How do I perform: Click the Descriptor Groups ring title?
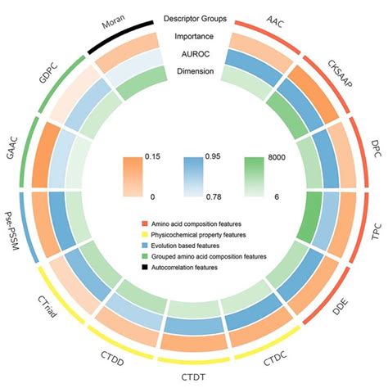pos(195,18)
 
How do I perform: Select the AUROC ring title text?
pos(194,53)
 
